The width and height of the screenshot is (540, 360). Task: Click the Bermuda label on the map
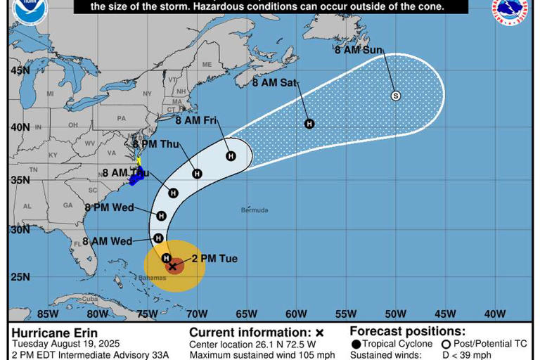click(255, 210)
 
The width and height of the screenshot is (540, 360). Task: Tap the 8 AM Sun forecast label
click(359, 50)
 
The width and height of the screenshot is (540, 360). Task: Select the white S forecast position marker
click(395, 96)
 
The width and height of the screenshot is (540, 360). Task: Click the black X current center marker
click(173, 266)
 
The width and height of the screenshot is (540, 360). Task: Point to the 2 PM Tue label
click(214, 259)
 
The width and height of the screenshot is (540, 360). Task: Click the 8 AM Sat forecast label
click(275, 82)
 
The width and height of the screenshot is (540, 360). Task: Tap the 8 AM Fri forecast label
click(196, 120)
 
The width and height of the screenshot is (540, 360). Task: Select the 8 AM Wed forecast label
click(107, 241)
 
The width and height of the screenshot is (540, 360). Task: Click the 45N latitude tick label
click(20, 70)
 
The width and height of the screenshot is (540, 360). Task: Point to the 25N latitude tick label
click(20, 276)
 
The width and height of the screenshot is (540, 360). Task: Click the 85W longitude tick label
click(47, 314)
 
